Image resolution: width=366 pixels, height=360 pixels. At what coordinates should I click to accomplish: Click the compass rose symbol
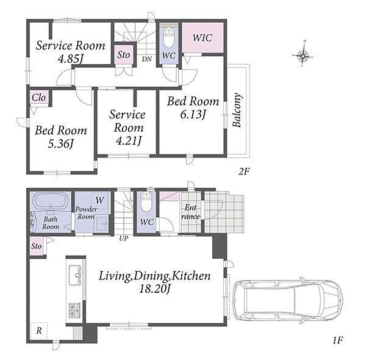coord(303,56)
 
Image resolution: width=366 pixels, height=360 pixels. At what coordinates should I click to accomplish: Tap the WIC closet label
coord(203,38)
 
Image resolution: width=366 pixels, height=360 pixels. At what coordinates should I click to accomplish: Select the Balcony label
coord(237,110)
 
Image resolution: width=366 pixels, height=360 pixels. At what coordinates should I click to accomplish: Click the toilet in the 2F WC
coord(168,37)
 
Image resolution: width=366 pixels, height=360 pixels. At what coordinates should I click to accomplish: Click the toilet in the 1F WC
coord(146,202)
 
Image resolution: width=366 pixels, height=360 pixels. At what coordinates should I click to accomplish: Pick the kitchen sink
coord(75,275)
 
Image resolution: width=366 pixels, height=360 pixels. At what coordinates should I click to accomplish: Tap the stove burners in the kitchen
coord(74,310)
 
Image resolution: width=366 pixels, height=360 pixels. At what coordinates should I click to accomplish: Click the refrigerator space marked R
coord(39,330)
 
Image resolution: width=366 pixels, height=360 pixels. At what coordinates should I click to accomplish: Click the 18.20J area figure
coord(154,289)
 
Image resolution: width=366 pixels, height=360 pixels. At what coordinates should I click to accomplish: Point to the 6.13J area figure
coord(193,114)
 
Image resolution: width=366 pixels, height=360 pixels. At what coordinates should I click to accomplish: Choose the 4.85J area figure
coord(70,59)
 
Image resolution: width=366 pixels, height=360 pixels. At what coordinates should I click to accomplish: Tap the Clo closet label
coord(39,98)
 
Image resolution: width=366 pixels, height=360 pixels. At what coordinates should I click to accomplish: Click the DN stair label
coord(147,59)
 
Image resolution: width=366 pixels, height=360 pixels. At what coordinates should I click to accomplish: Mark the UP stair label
coord(124,239)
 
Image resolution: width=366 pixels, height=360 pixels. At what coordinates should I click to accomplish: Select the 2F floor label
coord(244,171)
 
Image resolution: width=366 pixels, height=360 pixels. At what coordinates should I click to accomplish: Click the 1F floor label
coord(337,340)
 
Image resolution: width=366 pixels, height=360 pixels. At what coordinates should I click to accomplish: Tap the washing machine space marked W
coord(100,200)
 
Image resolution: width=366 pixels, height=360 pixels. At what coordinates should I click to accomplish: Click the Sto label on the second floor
coord(123,55)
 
